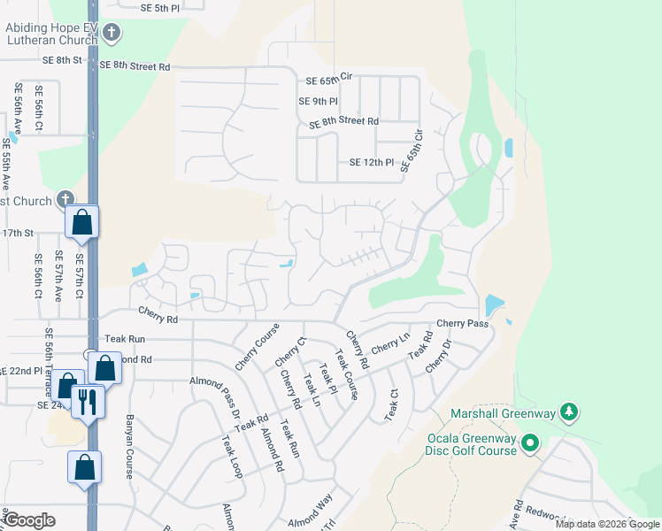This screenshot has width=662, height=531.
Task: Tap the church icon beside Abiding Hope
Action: point(111,34)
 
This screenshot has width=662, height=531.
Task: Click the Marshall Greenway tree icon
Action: point(570,412)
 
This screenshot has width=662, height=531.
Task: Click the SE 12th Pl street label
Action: point(371,163)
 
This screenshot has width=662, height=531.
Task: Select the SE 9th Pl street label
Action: point(318,102)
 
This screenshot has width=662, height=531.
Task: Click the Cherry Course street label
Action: point(258,347)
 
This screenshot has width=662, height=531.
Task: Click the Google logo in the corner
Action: point(29,520)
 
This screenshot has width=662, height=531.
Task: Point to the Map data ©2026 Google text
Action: point(607,524)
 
